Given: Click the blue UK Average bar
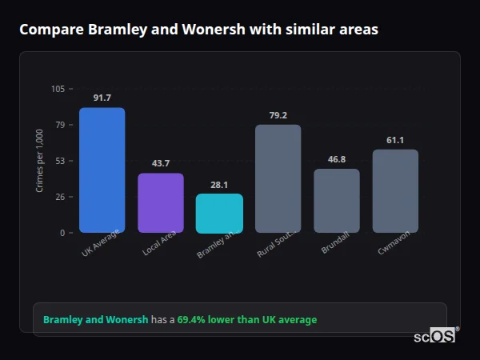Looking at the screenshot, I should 102,170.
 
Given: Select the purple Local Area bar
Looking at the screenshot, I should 161,203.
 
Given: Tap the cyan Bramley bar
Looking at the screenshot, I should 219,214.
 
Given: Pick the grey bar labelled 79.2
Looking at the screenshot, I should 278,178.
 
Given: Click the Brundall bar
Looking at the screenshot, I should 337,201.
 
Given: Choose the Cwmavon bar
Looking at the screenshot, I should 395,191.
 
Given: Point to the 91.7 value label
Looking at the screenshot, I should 102,98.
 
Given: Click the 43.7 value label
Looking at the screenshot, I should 161,163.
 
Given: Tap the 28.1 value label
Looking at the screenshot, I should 219,184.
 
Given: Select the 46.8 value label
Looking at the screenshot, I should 337,159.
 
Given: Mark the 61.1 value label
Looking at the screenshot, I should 395,140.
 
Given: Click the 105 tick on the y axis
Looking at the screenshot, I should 58,89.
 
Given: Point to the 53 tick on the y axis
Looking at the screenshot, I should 60,161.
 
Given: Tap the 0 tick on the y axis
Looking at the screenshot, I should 62,233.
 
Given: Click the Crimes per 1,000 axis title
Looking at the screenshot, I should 40,161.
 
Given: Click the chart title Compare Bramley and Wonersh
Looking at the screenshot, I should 198,30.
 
